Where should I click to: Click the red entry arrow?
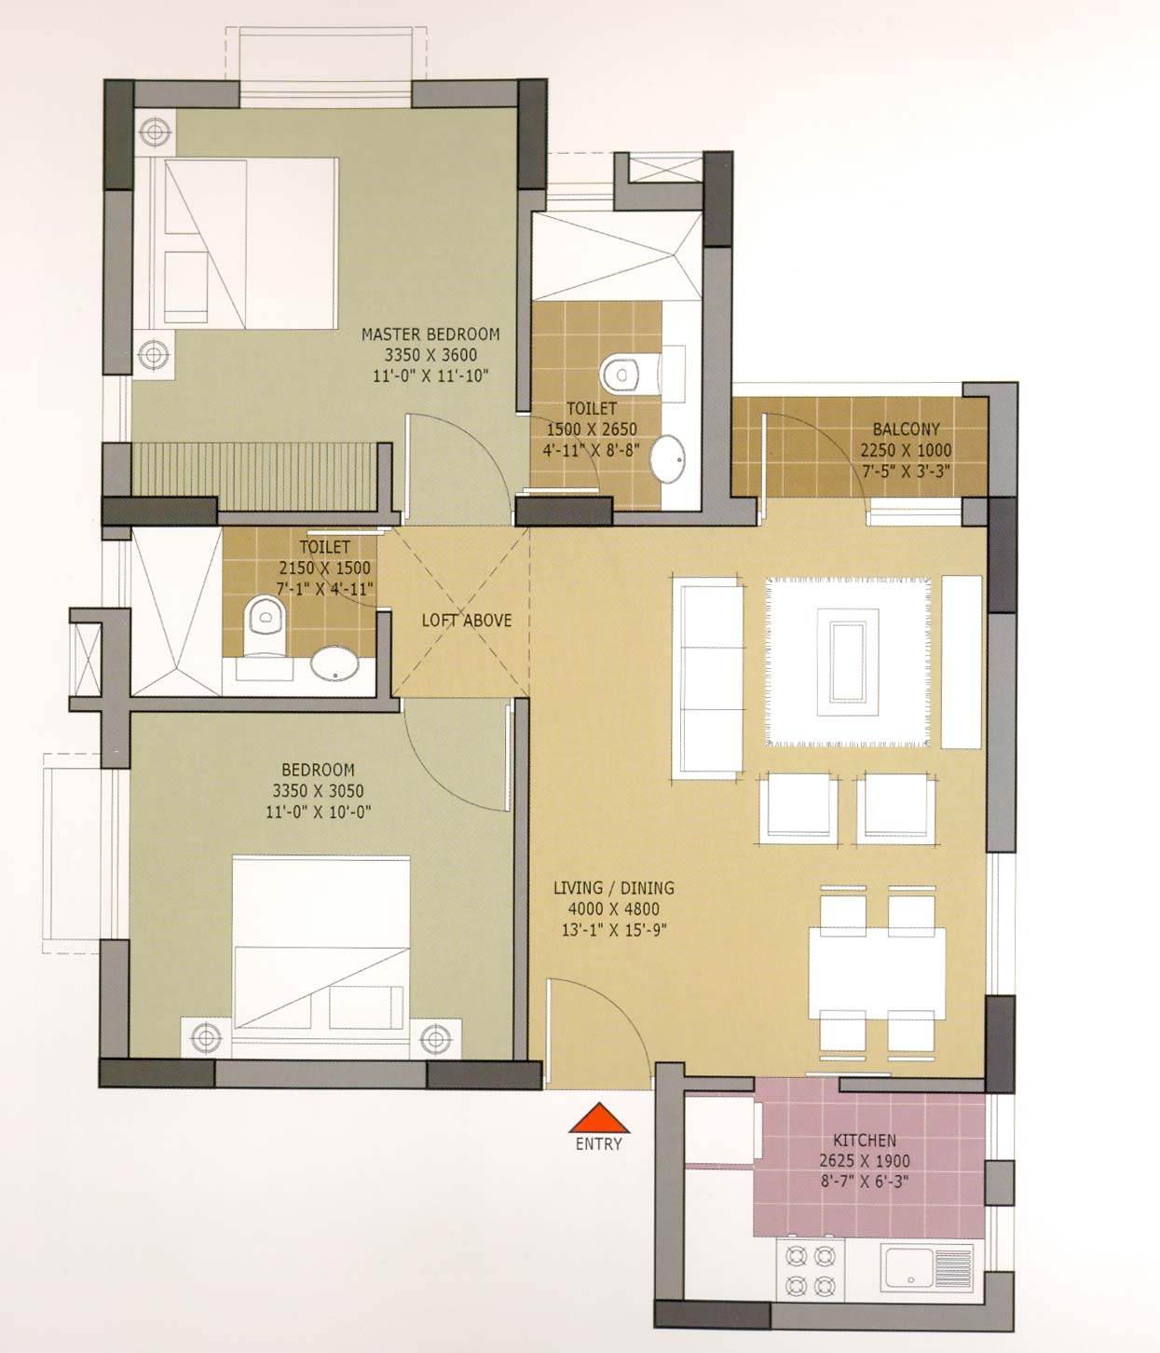(x=599, y=1118)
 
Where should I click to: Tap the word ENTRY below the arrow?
(x=599, y=1143)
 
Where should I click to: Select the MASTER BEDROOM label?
(x=430, y=335)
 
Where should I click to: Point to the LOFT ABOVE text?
(x=467, y=620)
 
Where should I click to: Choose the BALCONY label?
(x=906, y=430)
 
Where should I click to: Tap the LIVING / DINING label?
(x=613, y=888)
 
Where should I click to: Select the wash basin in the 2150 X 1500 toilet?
(x=334, y=663)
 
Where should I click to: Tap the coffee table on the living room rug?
(x=848, y=663)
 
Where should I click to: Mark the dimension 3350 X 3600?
(x=430, y=355)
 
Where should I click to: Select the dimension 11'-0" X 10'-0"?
(x=319, y=812)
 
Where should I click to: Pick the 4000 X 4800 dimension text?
(x=613, y=909)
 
